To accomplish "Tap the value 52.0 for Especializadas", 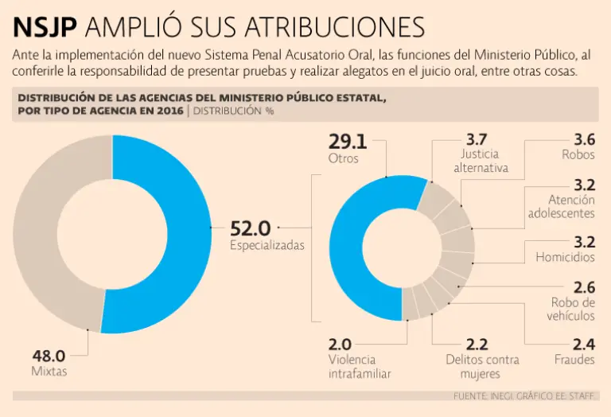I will [251, 228].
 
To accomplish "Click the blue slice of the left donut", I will [179, 239].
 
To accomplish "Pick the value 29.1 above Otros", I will [348, 142].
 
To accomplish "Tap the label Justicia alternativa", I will [481, 161].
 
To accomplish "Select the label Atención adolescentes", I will [561, 207].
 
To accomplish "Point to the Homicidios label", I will [565, 257].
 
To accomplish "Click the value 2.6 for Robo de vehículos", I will [584, 286].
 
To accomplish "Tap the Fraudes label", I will [574, 360].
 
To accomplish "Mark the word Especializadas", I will [267, 246].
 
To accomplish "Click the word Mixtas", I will [49, 372].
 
